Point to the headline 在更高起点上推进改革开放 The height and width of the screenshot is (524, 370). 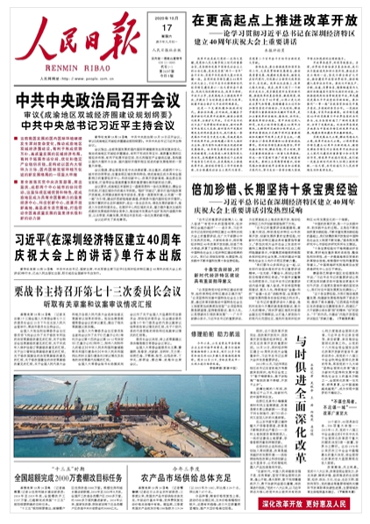pos(274,20)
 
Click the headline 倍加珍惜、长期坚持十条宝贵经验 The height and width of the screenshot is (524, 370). pos(274,189)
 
